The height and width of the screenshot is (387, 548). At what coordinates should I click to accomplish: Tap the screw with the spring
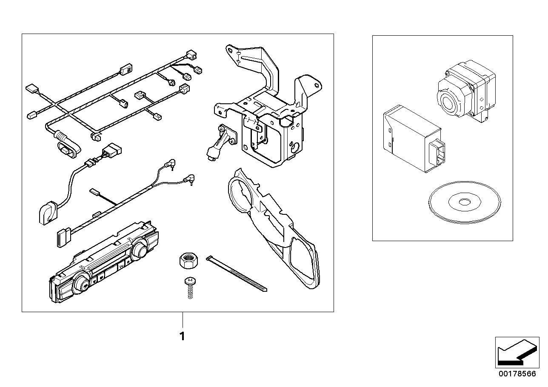(x=190, y=287)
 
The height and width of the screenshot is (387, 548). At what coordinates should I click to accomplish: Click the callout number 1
(x=183, y=337)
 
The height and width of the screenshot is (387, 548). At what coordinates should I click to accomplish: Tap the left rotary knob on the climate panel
(x=80, y=285)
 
